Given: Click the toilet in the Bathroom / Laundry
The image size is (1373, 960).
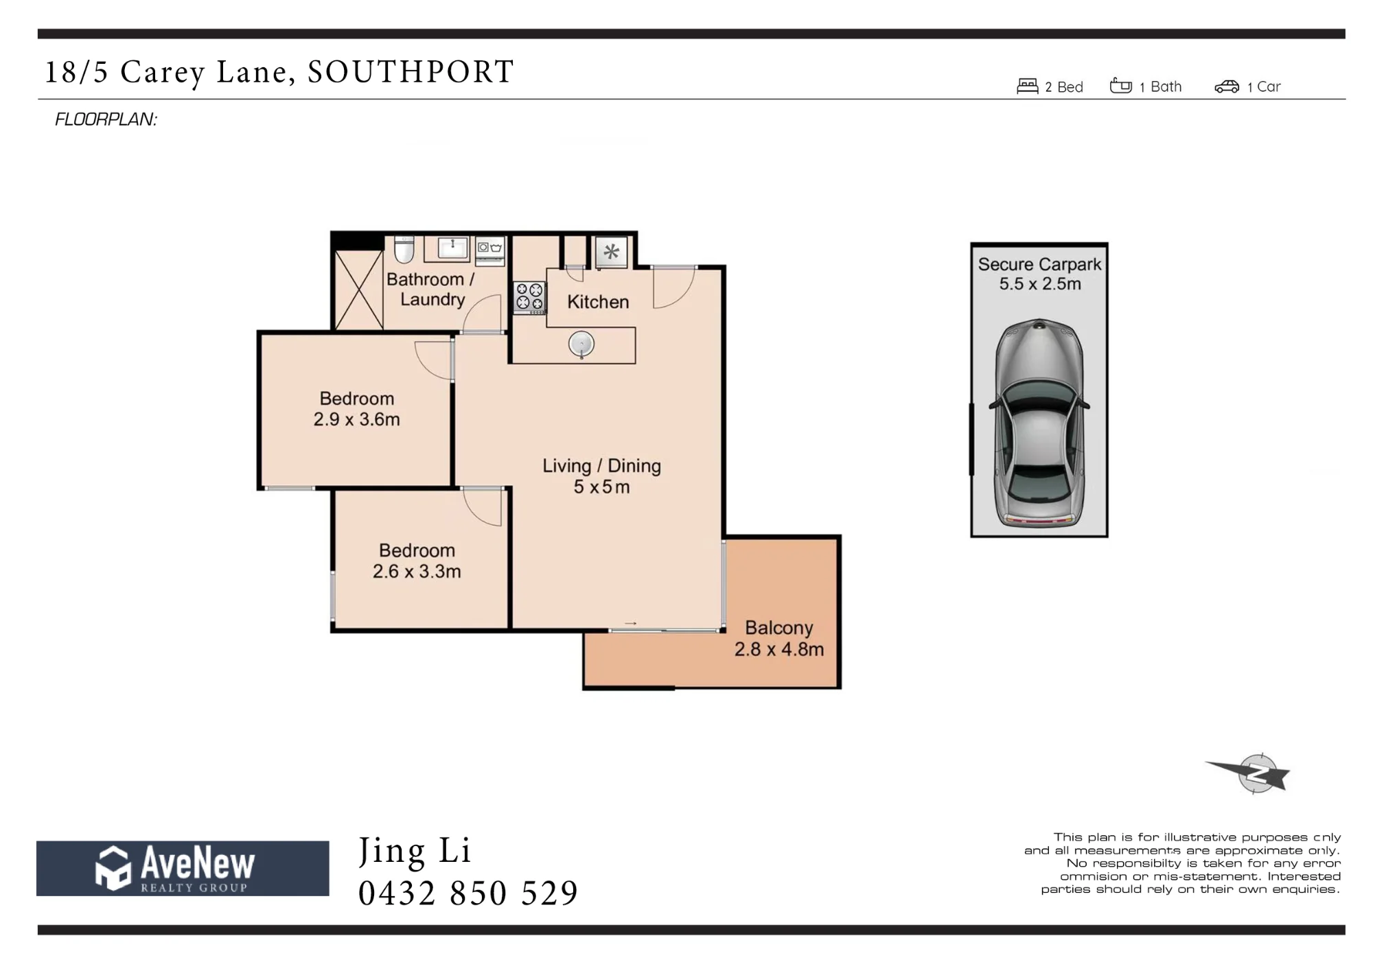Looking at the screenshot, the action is [404, 250].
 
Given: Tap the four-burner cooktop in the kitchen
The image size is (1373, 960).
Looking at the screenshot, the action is [529, 298].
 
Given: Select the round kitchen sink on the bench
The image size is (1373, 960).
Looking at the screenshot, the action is [581, 344].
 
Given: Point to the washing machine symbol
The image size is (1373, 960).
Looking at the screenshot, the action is [490, 250].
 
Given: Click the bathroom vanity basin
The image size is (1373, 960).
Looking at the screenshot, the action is [452, 248].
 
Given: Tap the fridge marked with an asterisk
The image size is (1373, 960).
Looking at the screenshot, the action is [611, 252].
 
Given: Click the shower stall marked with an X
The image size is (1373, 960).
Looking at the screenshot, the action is [358, 290].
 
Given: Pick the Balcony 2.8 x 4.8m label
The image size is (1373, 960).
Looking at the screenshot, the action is [779, 638].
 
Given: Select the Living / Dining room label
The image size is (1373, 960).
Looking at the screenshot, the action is [601, 466].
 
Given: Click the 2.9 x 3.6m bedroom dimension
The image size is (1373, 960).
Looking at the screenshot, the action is [356, 419].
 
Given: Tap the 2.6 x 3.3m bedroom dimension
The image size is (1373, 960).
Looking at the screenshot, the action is [417, 571].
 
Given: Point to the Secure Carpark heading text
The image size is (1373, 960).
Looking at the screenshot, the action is [1039, 264].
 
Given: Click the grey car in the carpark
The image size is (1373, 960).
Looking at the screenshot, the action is [1039, 423].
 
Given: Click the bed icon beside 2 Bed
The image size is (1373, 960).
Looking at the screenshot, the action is [1027, 86].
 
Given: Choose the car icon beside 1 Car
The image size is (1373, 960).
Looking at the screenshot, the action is [1227, 86].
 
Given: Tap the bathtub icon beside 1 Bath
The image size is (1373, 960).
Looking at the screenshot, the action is [1121, 85].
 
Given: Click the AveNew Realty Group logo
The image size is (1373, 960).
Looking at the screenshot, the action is [183, 868].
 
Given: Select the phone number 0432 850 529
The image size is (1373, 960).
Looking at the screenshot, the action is [468, 893].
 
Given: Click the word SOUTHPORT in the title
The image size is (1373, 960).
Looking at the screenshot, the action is [411, 71].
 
